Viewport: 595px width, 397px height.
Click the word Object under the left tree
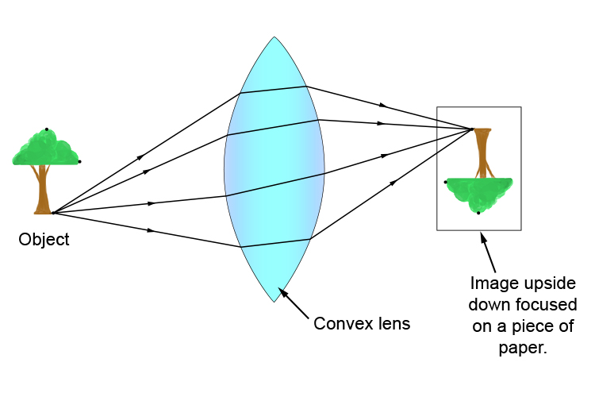pos(44,239)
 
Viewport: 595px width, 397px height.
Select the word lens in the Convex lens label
pos(391,324)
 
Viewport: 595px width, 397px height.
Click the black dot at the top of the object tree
pos(47,129)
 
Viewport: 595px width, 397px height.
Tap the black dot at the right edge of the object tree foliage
pos(79,162)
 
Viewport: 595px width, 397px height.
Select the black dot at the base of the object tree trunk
pos(52,213)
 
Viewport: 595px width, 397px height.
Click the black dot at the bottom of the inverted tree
pos(478,213)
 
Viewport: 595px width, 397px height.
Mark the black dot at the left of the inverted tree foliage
pos(446,182)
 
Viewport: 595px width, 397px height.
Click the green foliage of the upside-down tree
pos(479,192)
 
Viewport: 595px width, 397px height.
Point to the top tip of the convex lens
pos(274,37)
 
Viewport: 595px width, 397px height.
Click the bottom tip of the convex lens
pos(274,302)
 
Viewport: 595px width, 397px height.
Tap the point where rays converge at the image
pos(473,129)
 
